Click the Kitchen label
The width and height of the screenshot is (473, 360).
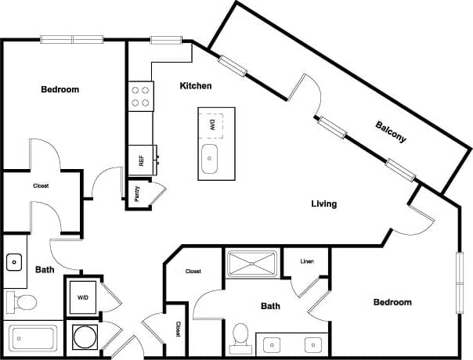pyautogui.click(x=195, y=85)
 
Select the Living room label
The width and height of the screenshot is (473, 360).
pyautogui.click(x=323, y=203)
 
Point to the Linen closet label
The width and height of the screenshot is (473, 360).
pyautogui.click(x=307, y=261)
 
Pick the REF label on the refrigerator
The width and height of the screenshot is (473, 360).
pyautogui.click(x=142, y=161)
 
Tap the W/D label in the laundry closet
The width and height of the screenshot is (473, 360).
pyautogui.click(x=82, y=297)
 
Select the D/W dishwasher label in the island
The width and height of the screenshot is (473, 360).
pyautogui.click(x=211, y=124)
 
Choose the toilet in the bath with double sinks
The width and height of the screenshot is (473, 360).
pyautogui.click(x=240, y=335)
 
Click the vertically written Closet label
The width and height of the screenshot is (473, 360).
pyautogui.click(x=178, y=329)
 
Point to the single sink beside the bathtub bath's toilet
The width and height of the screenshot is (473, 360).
pyautogui.click(x=13, y=261)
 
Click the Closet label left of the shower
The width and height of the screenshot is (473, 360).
pyautogui.click(x=193, y=272)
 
